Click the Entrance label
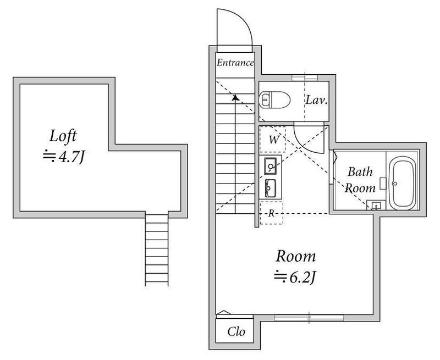(235, 63)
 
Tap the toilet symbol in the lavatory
(274, 100)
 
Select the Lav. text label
(317, 100)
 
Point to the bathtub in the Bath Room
(403, 184)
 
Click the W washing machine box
(272, 140)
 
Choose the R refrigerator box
(271, 213)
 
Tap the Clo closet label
(236, 331)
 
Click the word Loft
(63, 136)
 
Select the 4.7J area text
(64, 157)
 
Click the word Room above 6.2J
(296, 256)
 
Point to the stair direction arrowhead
(235, 98)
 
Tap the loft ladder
(157, 250)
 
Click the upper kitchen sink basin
(271, 166)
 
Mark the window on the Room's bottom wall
(309, 318)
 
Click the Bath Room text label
(360, 180)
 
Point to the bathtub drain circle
(395, 184)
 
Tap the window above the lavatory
(305, 77)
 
